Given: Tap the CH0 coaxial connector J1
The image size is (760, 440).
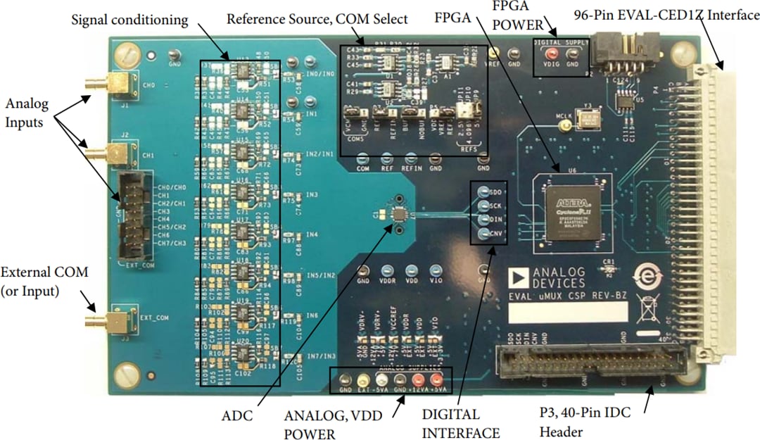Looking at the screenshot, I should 113,87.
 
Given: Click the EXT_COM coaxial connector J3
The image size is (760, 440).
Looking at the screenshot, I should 113,322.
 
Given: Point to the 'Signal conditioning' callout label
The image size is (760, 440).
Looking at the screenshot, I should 130,20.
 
